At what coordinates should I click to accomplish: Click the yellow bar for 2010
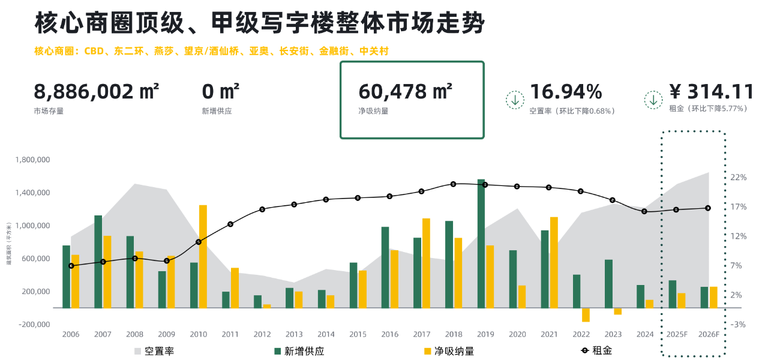tap(203, 257)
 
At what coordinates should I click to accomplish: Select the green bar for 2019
tap(481, 244)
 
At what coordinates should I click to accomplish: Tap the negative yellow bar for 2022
tap(586, 315)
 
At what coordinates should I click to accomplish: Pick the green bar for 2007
tap(98, 262)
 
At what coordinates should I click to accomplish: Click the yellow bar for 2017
tap(427, 263)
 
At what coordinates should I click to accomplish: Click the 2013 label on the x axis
tap(294, 334)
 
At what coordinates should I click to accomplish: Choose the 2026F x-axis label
tap(709, 334)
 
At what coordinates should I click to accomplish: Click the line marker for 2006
tap(71, 265)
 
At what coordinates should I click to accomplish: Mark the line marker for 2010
tap(199, 242)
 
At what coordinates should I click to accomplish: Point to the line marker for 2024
tap(644, 211)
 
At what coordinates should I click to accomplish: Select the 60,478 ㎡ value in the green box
tap(405, 92)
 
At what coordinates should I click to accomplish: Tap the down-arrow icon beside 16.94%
tap(515, 100)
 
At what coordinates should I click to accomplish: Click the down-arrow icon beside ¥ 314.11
tap(653, 100)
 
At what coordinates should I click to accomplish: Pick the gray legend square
tap(137, 351)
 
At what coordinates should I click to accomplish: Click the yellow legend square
tap(428, 351)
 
